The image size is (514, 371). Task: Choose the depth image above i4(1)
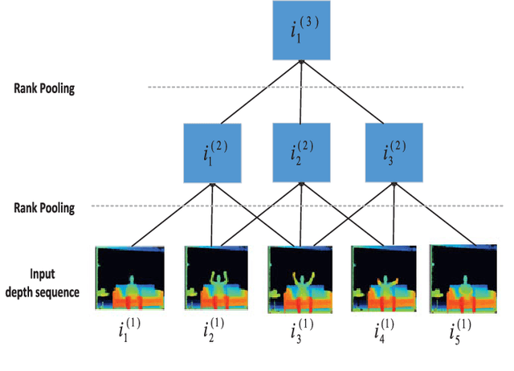pyautogui.click(x=383, y=279)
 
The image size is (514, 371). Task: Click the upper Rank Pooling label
pyautogui.click(x=44, y=88)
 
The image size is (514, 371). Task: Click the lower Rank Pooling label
pyautogui.click(x=44, y=208)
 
